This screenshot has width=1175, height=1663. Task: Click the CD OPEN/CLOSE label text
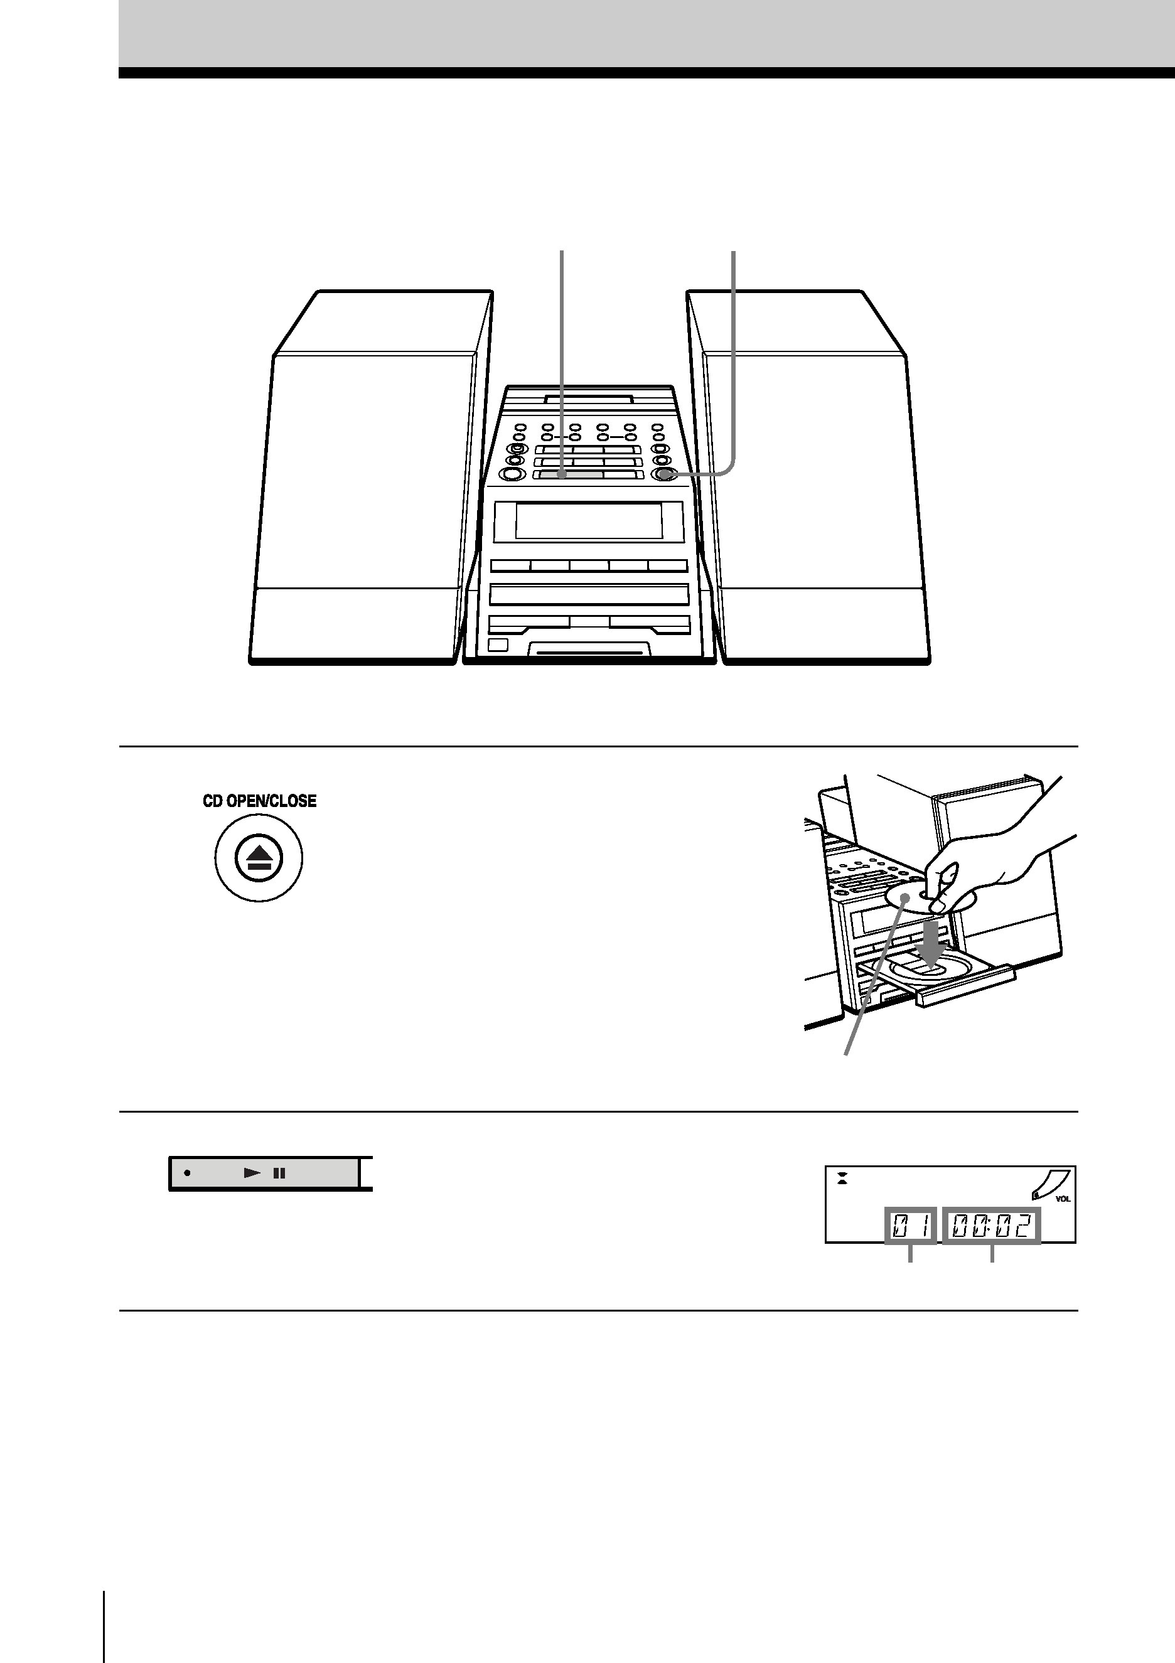(259, 801)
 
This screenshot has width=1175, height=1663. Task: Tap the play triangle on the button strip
(251, 1173)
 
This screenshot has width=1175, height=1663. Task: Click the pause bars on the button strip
(279, 1173)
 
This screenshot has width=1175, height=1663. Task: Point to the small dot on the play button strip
(187, 1173)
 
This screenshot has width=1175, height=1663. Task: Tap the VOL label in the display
(1063, 1199)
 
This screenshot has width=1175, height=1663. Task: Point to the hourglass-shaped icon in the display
(842, 1178)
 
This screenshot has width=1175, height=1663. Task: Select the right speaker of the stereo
(808, 478)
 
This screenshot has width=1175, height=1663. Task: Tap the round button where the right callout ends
(665, 475)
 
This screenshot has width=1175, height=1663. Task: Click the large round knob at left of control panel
(512, 475)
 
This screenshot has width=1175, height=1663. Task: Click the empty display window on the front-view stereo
(588, 521)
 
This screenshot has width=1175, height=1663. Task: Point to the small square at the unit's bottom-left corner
(498, 646)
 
